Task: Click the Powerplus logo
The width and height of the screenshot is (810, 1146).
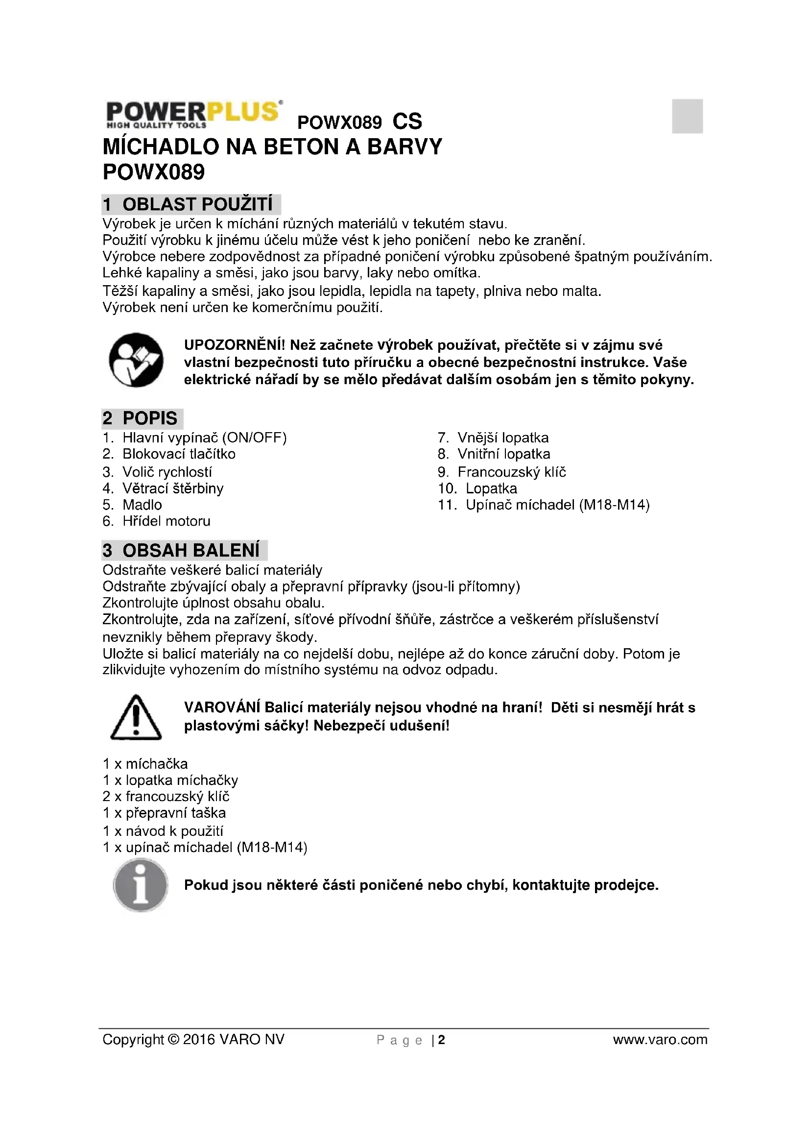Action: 193,114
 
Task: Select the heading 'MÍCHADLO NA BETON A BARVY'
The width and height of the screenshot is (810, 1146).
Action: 272,147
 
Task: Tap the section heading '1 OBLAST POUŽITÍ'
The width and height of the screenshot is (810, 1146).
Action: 191,204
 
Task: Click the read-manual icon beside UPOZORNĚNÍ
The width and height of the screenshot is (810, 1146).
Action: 136,360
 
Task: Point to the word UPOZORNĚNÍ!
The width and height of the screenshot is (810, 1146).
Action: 235,345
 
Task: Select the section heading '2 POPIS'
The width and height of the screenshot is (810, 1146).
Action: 142,418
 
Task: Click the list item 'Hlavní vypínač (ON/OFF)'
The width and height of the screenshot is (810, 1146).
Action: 205,438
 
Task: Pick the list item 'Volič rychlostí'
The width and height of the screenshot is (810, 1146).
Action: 167,472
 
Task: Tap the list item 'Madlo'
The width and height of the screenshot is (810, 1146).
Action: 142,505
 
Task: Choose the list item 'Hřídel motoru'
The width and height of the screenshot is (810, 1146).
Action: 167,521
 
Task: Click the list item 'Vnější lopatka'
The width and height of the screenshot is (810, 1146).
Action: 503,438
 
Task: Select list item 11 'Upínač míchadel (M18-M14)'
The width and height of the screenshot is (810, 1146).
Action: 557,505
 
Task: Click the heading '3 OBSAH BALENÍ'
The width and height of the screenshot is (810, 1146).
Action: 184,550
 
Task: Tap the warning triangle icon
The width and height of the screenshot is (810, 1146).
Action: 136,717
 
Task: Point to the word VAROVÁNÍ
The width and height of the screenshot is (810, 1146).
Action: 222,708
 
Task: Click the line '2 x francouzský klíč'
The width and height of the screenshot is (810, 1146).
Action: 166,796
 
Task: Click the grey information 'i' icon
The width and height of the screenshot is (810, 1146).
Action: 141,885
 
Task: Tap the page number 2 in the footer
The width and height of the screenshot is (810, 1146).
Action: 441,1040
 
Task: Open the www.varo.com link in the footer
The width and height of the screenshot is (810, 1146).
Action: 660,1040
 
